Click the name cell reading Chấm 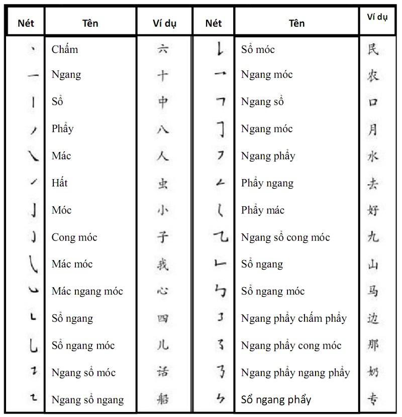[x=65, y=49]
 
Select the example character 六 [x=163, y=49]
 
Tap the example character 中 [x=163, y=102]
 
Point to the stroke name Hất [x=59, y=183]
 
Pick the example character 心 [x=163, y=291]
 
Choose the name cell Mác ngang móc [x=87, y=291]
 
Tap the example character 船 [x=163, y=399]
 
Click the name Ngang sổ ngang [x=87, y=400]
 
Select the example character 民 [x=373, y=49]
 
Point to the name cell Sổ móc [x=258, y=49]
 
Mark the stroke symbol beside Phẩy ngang [x=220, y=183]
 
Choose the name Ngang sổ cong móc [x=285, y=237]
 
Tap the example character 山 [x=373, y=264]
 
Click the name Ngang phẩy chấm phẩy [x=294, y=318]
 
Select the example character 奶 [x=373, y=372]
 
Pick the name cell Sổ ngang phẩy [x=276, y=400]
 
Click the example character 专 [x=373, y=399]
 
